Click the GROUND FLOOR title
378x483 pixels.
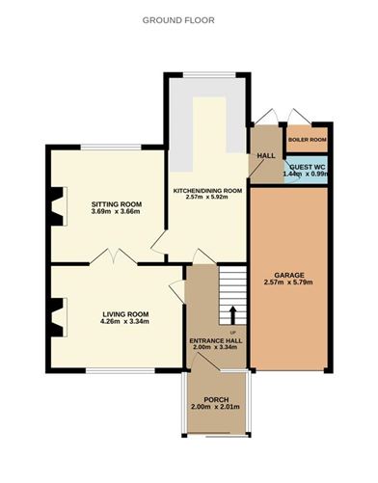click(178, 19)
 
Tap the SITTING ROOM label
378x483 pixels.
click(117, 204)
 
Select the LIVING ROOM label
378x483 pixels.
click(125, 313)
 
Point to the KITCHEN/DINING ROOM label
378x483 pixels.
click(206, 191)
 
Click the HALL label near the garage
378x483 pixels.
click(266, 156)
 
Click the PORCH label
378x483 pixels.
click(213, 400)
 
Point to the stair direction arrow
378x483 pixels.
click(231, 315)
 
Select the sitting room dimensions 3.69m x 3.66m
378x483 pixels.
click(117, 212)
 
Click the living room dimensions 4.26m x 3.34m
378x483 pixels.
click(125, 322)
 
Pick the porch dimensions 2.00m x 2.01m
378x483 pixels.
click(213, 409)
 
